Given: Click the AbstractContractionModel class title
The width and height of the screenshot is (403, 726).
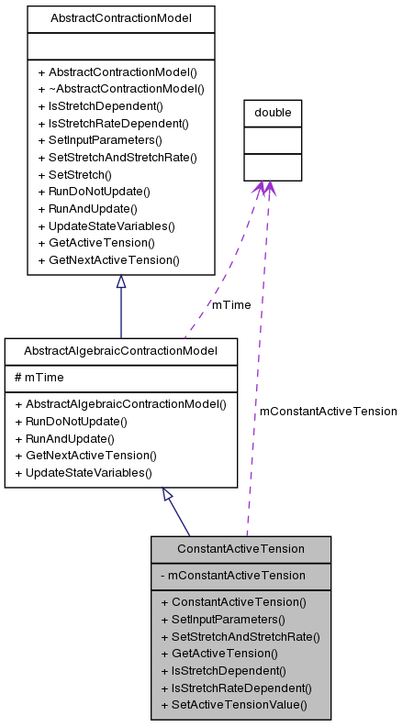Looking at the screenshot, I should (x=120, y=17).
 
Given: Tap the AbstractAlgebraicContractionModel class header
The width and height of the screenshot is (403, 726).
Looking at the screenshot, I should (x=120, y=351).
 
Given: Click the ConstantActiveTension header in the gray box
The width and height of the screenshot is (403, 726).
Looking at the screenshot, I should (x=241, y=549).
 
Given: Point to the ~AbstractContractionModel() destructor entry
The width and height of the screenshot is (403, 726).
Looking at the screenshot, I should (x=120, y=89).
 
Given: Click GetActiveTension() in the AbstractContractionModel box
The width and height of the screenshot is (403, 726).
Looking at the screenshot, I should (x=95, y=243).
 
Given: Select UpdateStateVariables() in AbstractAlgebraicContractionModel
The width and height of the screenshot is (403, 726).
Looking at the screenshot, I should (x=83, y=472).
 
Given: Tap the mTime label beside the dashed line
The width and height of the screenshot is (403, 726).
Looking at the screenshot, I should (x=230, y=304).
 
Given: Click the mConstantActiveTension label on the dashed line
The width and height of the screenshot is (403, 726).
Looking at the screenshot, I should (x=328, y=412).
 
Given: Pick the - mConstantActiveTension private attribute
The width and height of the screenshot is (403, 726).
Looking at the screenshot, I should (x=232, y=575).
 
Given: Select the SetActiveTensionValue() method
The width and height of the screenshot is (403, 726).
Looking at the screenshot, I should (x=233, y=705).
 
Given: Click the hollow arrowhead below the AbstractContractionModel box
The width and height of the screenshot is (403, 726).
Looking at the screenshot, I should (x=121, y=283).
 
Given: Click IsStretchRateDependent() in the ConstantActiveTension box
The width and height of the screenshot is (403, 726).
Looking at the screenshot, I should (x=236, y=687).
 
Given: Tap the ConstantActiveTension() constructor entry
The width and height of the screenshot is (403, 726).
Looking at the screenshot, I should (x=233, y=602).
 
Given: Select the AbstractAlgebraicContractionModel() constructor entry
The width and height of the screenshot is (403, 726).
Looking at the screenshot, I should (x=120, y=403).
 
